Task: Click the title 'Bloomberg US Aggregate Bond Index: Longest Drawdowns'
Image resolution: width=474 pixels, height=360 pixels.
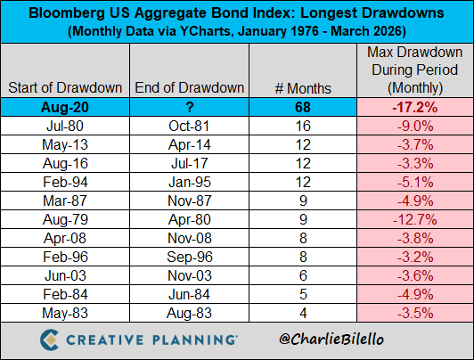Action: [x=236, y=14]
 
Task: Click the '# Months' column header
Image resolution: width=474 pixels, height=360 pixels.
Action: [x=304, y=88]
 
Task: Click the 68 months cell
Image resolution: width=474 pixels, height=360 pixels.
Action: [x=304, y=108]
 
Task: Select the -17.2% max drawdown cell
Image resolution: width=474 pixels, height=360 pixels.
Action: [x=413, y=108]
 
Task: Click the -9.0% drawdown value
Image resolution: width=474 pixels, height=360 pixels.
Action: [x=413, y=127]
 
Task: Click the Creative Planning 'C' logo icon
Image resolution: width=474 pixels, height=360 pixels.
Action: [x=51, y=340]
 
